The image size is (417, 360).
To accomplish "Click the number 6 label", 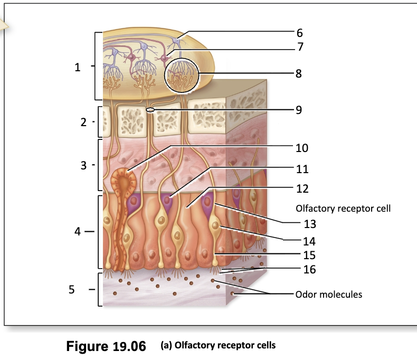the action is tap(299, 33).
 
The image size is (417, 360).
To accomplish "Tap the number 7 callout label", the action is tap(300, 46).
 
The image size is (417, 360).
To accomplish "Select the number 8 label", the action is tap(299, 74).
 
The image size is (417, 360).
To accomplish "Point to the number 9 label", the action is tap(299, 110).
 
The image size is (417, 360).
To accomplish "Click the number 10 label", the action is tap(302, 148).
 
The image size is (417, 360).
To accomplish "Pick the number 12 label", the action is tap(302, 188).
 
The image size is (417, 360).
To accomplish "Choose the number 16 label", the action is tap(309, 269).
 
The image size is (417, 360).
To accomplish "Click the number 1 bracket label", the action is tap(78, 67).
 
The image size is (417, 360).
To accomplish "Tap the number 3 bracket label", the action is tap(83, 165).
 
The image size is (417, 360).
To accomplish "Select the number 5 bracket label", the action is tap(72, 289).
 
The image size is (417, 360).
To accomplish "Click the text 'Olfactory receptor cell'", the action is tap(343, 209).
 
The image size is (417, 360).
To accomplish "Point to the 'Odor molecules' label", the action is tap(329, 295).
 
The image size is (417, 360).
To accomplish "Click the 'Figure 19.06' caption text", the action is tap(106, 346).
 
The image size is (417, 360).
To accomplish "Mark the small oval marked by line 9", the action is tap(150, 110).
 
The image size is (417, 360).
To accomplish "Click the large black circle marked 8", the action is tap(182, 76).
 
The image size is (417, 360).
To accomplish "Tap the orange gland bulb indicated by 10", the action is tap(124, 182).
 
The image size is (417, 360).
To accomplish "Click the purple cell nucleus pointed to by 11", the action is tap(167, 200).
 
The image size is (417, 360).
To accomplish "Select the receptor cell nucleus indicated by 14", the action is tap(215, 226).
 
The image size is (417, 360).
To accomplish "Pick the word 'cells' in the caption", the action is tap(266, 345).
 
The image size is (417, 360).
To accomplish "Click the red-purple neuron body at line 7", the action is tap(165, 58).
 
